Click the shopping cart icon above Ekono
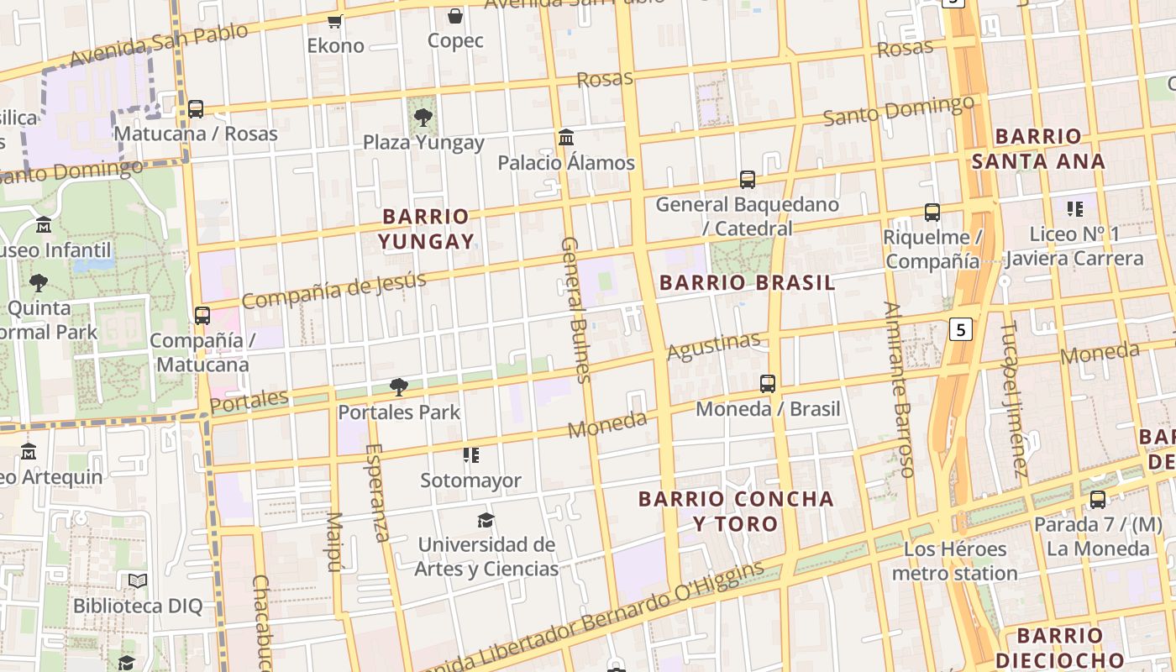[x=335, y=21]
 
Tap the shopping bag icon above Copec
[x=455, y=16]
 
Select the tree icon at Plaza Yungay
[x=423, y=118]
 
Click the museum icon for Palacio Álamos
[x=566, y=137]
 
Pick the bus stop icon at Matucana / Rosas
[x=196, y=108]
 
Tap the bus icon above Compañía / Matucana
[x=202, y=315]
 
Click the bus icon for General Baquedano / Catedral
[x=748, y=179]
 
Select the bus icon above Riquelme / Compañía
[x=932, y=213]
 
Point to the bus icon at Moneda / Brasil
[x=768, y=384]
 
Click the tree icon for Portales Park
[x=399, y=387]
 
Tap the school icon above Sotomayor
[x=471, y=455]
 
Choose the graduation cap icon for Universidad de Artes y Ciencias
[x=486, y=520]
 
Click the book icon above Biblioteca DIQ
[x=138, y=580]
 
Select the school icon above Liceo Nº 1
[x=1074, y=208]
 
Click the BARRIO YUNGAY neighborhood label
[x=426, y=229]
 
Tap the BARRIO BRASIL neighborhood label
[x=747, y=282]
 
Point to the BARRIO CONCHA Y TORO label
[x=736, y=512]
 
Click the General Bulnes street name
[x=575, y=309]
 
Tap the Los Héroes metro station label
[x=955, y=561]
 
